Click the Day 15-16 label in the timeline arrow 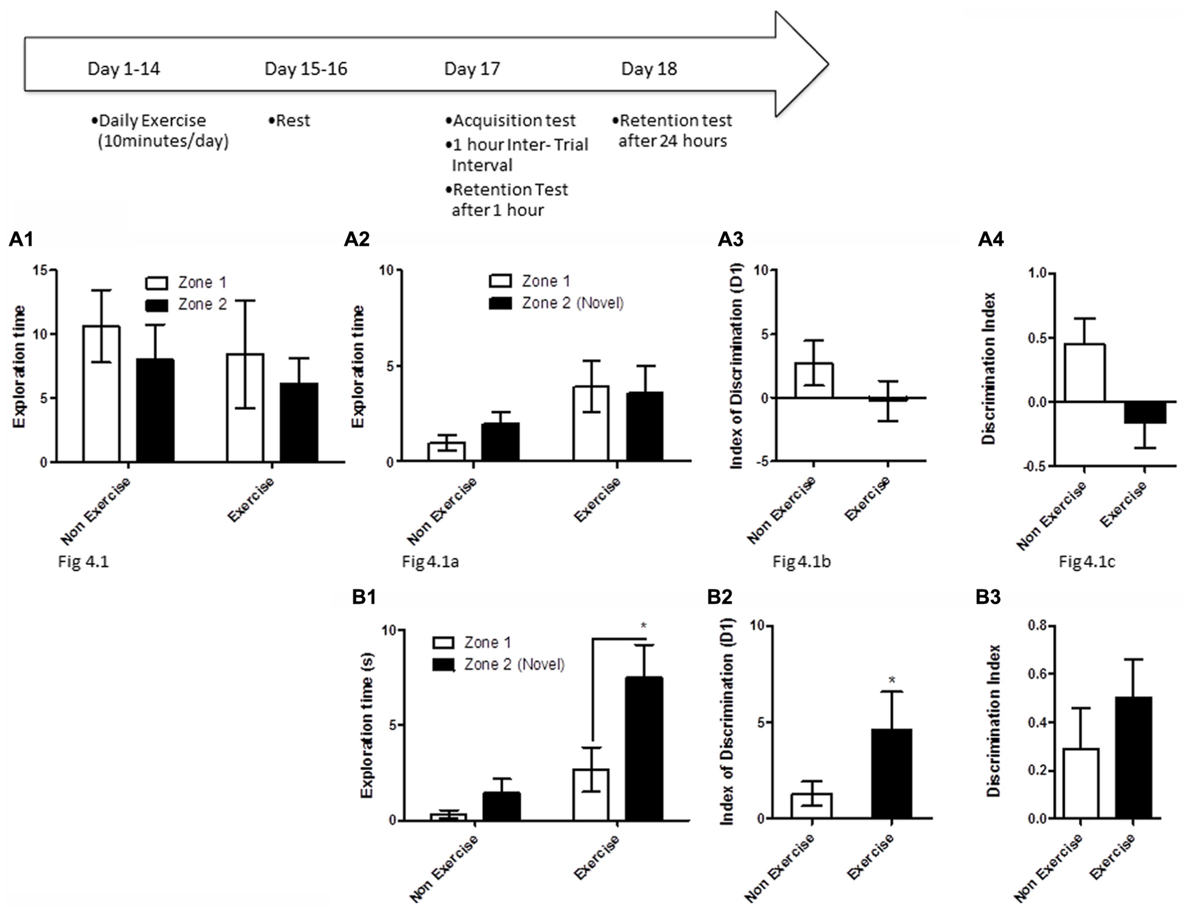pyautogui.click(x=305, y=69)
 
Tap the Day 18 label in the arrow pyautogui.click(x=649, y=69)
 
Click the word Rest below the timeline pyautogui.click(x=293, y=120)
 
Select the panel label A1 pyautogui.click(x=21, y=239)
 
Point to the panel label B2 pyautogui.click(x=719, y=597)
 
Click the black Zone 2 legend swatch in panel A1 pyautogui.click(x=157, y=305)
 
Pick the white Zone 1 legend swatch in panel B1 pyautogui.click(x=443, y=643)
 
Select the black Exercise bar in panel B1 pyautogui.click(x=644, y=749)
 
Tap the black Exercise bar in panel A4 pyautogui.click(x=1146, y=412)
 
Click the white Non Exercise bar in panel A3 pyautogui.click(x=813, y=380)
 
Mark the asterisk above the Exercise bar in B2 pyautogui.click(x=892, y=680)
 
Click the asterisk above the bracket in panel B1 pyautogui.click(x=643, y=625)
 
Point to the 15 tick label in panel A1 pyautogui.click(x=40, y=270)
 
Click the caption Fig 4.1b pyautogui.click(x=801, y=561)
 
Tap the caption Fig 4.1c pyautogui.click(x=1087, y=561)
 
